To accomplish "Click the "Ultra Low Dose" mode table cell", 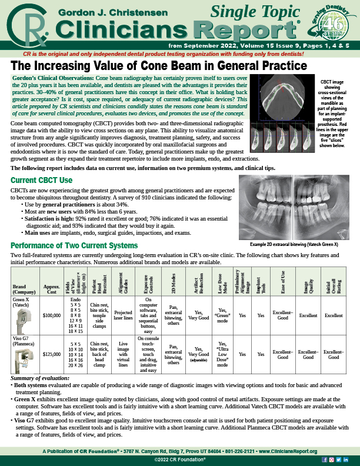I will tap(222, 354).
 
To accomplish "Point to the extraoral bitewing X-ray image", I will tap(297, 207).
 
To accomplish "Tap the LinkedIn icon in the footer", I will tap(346, 459).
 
